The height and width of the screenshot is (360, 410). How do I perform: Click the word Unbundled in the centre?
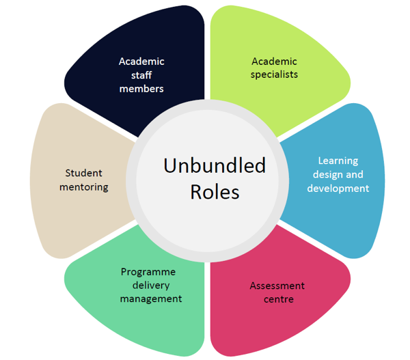pos(215,166)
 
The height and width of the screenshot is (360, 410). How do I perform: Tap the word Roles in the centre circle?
pos(215,191)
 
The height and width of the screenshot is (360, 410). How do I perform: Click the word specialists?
pos(274,74)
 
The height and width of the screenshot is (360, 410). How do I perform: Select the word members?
pos(141,88)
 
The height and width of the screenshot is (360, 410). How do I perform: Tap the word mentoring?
pos(83,186)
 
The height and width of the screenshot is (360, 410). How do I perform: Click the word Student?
pos(83,174)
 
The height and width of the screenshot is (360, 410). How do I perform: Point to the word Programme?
pos(148,272)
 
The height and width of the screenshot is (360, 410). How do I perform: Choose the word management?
pos(151,299)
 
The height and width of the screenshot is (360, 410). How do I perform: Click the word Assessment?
pos(277,286)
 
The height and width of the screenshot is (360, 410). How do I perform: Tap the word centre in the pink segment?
pos(277,299)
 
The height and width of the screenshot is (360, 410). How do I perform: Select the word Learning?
pos(338,161)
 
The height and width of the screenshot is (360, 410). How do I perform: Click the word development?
pos(338,188)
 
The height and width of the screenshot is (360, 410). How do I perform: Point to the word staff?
pos(141,75)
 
